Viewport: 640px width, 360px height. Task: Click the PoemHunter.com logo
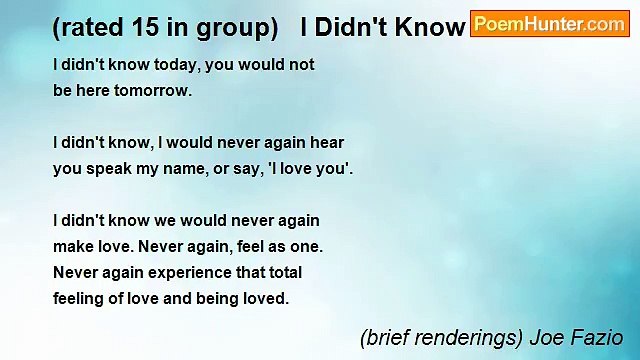(549, 24)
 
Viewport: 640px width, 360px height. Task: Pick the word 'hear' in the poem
(326, 143)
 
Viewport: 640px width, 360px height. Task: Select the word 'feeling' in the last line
(79, 298)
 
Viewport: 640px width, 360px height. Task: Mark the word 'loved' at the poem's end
(263, 298)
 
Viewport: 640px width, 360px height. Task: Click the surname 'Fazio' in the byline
(598, 338)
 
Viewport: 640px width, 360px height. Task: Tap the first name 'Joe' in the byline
(545, 338)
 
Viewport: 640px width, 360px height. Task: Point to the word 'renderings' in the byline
(462, 339)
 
